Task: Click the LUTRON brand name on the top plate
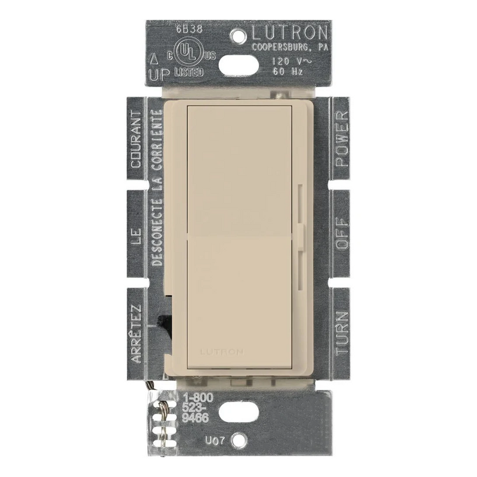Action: pos(289,33)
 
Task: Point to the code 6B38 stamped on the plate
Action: pos(190,29)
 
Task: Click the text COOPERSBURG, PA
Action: pos(290,48)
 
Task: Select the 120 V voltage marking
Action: pos(292,61)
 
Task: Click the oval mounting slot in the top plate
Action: pos(238,66)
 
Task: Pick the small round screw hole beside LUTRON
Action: pos(238,36)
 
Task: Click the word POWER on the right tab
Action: pos(342,139)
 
